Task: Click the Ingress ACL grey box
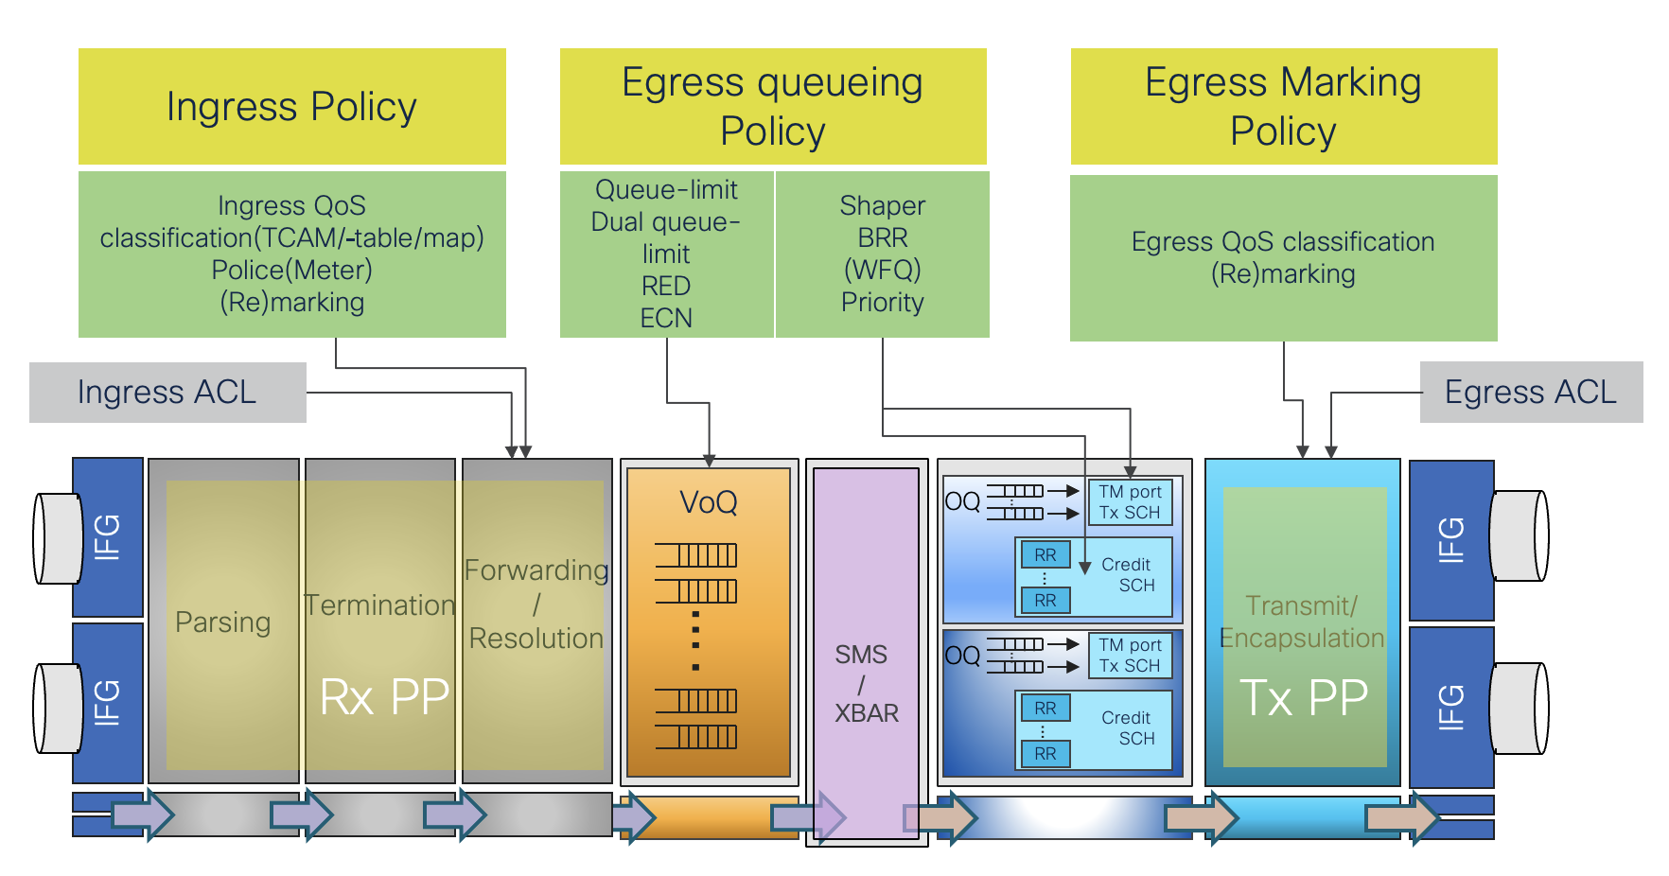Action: tap(167, 392)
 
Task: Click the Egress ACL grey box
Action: tap(1530, 392)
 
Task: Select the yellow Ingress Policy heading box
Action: tap(291, 107)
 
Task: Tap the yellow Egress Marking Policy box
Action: tap(1283, 107)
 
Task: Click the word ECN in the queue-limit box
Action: tap(666, 318)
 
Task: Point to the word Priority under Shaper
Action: tap(882, 302)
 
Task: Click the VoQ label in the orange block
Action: tap(708, 502)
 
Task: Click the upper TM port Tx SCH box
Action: tap(1130, 502)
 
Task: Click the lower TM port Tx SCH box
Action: tap(1130, 656)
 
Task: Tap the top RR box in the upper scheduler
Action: tap(1045, 555)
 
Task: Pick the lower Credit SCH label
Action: tap(1127, 727)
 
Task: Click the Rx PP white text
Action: tap(384, 698)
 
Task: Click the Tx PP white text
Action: tap(1304, 698)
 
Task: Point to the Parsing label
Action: tap(223, 622)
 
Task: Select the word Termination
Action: tap(379, 605)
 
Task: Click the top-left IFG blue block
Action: tap(108, 537)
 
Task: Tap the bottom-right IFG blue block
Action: tap(1451, 707)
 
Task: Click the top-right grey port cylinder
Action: tap(1520, 535)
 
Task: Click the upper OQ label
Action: tap(962, 501)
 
